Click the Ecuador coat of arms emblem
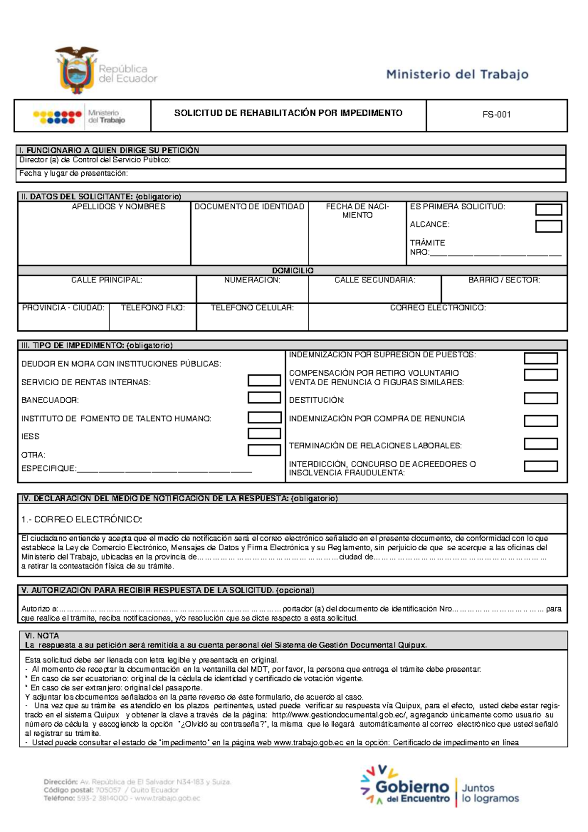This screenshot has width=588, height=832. (76, 70)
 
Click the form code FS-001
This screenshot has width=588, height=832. (496, 115)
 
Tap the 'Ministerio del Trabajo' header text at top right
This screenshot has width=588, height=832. (457, 74)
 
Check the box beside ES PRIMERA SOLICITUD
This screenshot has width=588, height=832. (548, 210)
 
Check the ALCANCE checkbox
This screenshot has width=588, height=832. (548, 226)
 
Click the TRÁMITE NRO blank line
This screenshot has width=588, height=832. (495, 254)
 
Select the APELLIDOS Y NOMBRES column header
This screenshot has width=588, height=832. (119, 207)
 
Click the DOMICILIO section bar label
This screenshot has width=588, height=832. (293, 270)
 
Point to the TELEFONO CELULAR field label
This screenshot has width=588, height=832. (252, 308)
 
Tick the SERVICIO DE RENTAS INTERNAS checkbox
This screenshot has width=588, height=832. (264, 380)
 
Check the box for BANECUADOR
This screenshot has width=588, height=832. (264, 397)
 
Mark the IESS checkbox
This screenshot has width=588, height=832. (264, 434)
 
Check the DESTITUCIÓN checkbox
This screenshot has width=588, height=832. (540, 398)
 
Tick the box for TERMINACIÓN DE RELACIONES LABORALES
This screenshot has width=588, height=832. (540, 444)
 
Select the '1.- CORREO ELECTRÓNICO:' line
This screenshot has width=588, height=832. (82, 519)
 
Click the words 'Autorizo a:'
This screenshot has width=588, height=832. (40, 609)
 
